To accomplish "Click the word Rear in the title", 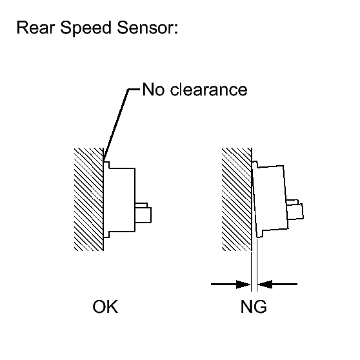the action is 36,28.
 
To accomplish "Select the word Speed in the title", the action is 86,28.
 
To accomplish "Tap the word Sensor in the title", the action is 145,28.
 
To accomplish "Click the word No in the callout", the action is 154,89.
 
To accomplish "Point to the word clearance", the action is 208,89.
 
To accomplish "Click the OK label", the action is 105,306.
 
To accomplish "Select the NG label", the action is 254,306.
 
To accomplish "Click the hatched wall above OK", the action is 88,199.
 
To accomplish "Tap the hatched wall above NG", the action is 237,199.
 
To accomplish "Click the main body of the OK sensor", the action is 122,200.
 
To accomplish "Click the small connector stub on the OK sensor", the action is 143,213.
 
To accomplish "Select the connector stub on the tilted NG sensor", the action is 295,210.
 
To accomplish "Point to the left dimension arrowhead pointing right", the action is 243,285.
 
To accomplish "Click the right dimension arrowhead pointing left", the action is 265,285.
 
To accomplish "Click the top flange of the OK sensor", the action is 106,165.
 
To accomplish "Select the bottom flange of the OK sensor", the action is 106,234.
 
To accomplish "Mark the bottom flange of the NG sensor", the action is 259,234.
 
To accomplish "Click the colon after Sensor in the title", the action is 175,30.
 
